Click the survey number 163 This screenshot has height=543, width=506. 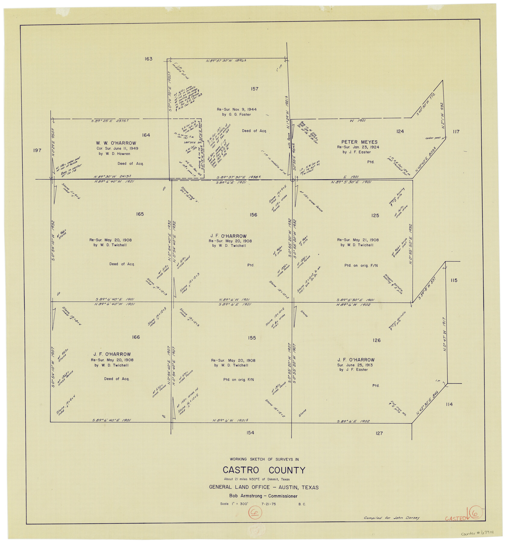[x=148, y=59]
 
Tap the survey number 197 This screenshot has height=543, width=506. [x=37, y=150]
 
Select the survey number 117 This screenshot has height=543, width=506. [x=456, y=132]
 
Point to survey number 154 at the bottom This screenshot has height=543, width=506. [x=250, y=433]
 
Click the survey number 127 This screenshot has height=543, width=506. [x=379, y=433]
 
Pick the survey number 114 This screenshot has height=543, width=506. [x=449, y=404]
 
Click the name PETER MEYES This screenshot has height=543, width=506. [x=359, y=142]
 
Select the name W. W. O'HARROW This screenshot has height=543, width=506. [x=116, y=143]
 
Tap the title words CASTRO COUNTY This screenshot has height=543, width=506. [x=264, y=470]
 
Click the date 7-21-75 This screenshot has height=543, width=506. [x=269, y=504]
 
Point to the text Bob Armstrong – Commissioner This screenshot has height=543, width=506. [x=263, y=496]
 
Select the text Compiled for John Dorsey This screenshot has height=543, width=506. [x=391, y=518]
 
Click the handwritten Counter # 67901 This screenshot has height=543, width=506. [x=477, y=533]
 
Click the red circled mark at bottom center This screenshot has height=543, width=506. [x=255, y=513]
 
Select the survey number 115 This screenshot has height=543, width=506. [x=454, y=280]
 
